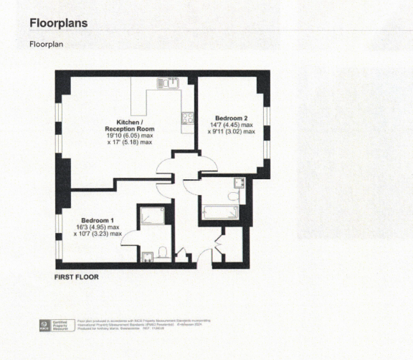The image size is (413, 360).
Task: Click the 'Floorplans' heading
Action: coord(59,23)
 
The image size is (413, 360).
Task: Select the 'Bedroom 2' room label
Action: coord(232,118)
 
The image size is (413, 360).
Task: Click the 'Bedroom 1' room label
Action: coord(98,219)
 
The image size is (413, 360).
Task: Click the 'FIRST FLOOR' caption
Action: coord(77,276)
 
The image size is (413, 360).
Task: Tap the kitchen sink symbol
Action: coord(169,82)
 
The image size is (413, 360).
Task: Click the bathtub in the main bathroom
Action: coord(221,212)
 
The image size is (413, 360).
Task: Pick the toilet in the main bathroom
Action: coord(232,196)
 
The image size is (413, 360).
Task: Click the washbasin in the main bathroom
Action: coord(239,183)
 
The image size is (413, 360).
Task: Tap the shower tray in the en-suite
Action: coord(151,214)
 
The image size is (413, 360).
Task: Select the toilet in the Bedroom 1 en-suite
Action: coord(163,252)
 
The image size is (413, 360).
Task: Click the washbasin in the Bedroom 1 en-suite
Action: coord(148,254)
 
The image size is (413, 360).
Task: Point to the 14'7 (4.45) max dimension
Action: coord(232,125)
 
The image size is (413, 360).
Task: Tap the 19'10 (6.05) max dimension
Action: coord(130,135)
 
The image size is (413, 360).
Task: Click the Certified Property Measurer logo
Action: coord(56,326)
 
